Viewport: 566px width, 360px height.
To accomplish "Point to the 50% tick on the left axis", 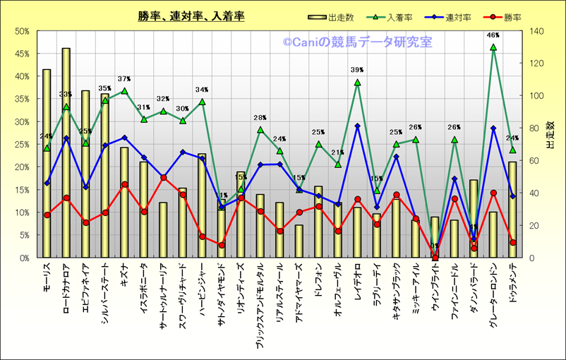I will pyautogui.click(x=20, y=31).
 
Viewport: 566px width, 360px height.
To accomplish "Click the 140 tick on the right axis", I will pyautogui.click(x=531, y=31).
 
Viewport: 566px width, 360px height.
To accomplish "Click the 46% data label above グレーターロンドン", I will pyautogui.click(x=493, y=35).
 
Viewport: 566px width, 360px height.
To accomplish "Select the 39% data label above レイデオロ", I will pyautogui.click(x=357, y=70).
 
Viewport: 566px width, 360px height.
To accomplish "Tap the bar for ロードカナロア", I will pyautogui.click(x=66, y=152).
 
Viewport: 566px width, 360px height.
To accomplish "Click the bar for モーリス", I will pyautogui.click(x=47, y=163).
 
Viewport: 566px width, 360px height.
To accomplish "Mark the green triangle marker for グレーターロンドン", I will pyautogui.click(x=493, y=47).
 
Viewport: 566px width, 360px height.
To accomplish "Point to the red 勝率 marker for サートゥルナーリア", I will pyautogui.click(x=163, y=178).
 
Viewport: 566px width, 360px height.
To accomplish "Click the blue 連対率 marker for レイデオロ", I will pyautogui.click(x=357, y=126).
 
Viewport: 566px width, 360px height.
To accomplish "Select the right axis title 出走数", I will pyautogui.click(x=550, y=133).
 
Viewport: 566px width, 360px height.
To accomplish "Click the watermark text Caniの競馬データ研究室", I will pyautogui.click(x=358, y=42).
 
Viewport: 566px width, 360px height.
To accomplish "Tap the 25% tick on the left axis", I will pyautogui.click(x=20, y=145).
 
